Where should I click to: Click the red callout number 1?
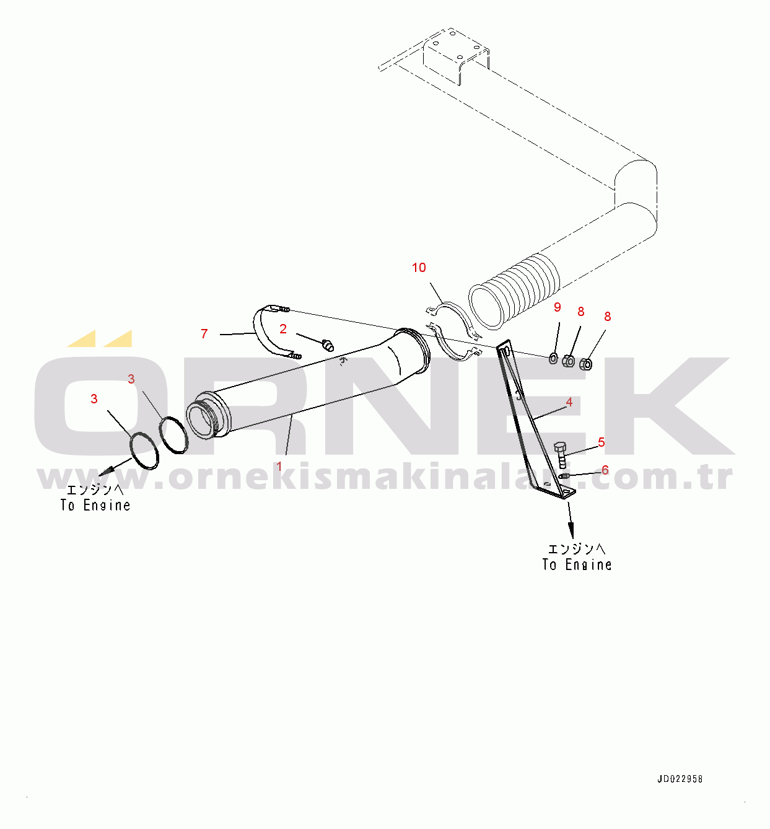click(x=279, y=466)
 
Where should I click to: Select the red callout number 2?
click(x=283, y=329)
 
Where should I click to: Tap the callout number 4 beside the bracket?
click(x=569, y=402)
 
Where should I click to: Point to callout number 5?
click(x=601, y=442)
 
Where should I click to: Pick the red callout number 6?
click(x=605, y=470)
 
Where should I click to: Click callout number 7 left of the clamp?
click(x=204, y=334)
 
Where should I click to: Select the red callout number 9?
click(x=557, y=307)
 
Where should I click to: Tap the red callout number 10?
click(x=419, y=268)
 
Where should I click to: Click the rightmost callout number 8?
click(x=607, y=317)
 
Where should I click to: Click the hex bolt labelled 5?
click(x=561, y=454)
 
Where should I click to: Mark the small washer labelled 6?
click(x=564, y=476)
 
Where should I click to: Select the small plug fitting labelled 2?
click(x=328, y=344)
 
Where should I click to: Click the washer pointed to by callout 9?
click(x=553, y=357)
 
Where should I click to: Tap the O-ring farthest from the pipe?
click(x=144, y=450)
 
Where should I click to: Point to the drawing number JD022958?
click(x=680, y=779)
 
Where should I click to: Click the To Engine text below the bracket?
click(x=577, y=564)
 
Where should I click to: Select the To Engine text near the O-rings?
click(x=95, y=505)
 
